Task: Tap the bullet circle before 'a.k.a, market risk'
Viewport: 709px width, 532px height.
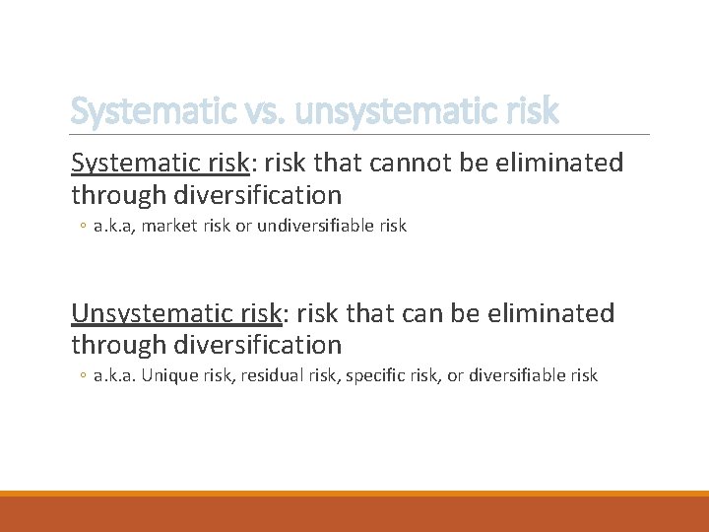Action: click(x=82, y=227)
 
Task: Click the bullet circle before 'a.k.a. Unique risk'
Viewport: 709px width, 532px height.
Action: click(x=82, y=376)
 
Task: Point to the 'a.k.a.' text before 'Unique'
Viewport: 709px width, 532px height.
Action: click(x=116, y=375)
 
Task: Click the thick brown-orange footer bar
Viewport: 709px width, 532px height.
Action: click(x=354, y=513)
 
